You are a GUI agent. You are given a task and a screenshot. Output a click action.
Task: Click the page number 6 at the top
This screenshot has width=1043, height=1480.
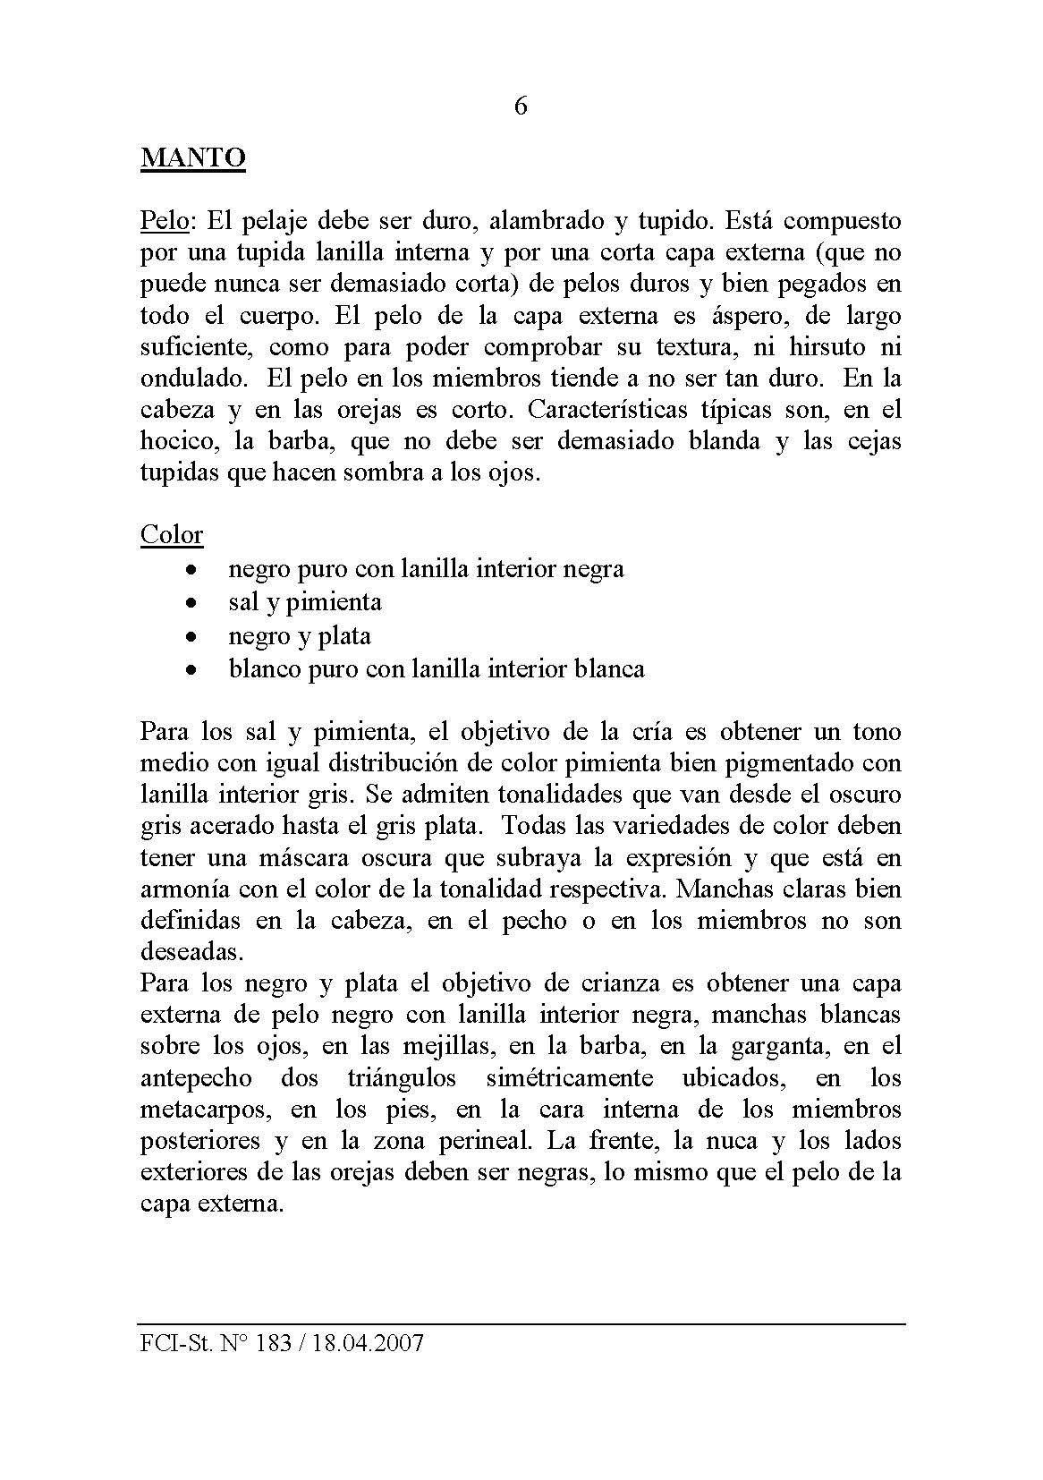521,106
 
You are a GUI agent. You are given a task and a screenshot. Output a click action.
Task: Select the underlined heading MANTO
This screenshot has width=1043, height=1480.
193,158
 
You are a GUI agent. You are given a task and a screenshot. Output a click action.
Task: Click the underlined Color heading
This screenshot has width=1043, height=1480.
172,534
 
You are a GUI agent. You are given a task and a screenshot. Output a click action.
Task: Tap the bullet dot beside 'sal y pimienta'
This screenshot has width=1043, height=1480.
190,602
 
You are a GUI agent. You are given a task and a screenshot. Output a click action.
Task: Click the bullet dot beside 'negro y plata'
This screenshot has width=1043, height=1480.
190,636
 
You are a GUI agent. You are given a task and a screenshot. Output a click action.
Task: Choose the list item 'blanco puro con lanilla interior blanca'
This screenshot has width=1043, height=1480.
437,669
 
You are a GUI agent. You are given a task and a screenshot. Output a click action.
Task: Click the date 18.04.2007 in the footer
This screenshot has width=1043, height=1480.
367,1343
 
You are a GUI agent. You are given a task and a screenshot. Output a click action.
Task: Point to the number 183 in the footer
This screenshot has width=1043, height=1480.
274,1343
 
